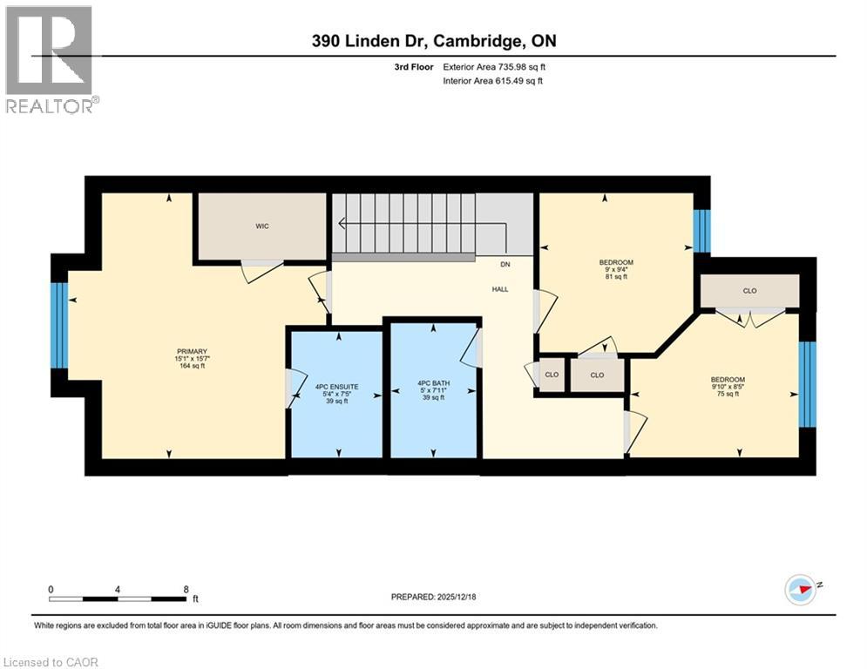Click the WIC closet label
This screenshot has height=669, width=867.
click(x=261, y=226)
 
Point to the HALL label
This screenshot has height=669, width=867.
click(x=499, y=289)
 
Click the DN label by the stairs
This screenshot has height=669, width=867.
click(x=505, y=264)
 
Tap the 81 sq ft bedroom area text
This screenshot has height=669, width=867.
click(x=615, y=278)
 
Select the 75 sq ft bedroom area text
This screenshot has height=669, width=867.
click(x=727, y=394)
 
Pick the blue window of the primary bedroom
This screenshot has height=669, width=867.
click(x=58, y=326)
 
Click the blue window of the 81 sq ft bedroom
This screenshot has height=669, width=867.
click(x=701, y=231)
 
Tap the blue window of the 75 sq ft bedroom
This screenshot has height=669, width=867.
click(x=808, y=384)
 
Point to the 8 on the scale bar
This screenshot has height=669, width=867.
click(x=186, y=589)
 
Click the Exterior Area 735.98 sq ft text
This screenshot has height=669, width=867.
click(x=493, y=67)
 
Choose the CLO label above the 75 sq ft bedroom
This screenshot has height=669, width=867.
click(x=749, y=291)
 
